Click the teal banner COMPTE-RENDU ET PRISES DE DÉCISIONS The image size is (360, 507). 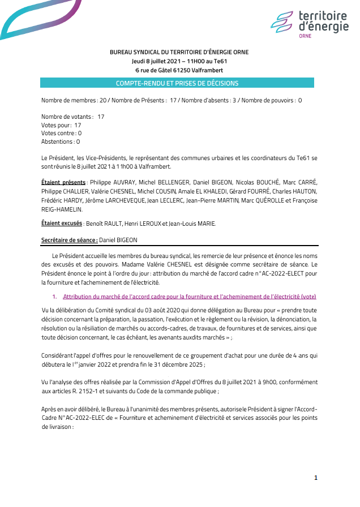pyautogui.click(x=177, y=83)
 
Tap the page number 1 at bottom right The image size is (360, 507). pyautogui.click(x=316, y=478)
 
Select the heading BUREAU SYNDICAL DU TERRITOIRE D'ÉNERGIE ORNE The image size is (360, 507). pyautogui.click(x=179, y=52)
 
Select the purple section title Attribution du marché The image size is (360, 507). pyautogui.click(x=190, y=297)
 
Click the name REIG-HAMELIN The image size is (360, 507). pyautogui.click(x=62, y=209)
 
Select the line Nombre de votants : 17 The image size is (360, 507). pyautogui.click(x=72, y=116)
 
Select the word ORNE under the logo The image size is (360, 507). pyautogui.click(x=305, y=36)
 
